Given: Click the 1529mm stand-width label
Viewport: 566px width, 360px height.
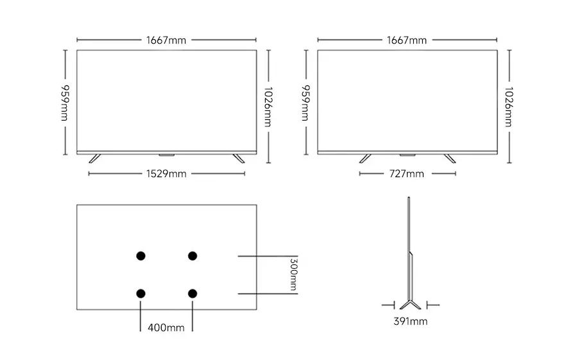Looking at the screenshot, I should click(x=166, y=173).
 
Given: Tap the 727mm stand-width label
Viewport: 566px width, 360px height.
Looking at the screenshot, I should click(x=407, y=173).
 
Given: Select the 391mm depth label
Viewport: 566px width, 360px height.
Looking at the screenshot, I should click(x=410, y=321).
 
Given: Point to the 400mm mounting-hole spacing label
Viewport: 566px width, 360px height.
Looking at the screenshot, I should click(x=166, y=327).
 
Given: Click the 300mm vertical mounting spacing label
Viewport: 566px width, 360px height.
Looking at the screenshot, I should click(x=293, y=275).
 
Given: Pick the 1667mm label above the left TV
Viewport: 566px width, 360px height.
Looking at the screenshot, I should click(x=166, y=40).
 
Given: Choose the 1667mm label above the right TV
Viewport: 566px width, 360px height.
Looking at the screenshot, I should click(x=407, y=40).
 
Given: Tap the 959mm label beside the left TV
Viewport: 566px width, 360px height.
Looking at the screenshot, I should click(x=65, y=103).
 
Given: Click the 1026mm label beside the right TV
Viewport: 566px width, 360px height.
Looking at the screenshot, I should click(x=508, y=106).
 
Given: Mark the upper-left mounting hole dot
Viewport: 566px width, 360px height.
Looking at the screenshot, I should click(x=141, y=256).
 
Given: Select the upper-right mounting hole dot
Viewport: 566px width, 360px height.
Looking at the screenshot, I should click(x=192, y=256).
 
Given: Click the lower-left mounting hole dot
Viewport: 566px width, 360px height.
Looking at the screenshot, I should click(x=141, y=293).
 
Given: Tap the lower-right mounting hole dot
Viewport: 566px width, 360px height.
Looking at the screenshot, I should click(x=192, y=293).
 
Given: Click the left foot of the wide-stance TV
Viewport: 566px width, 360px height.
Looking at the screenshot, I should click(x=94, y=158).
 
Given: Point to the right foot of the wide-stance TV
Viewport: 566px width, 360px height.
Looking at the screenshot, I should click(x=238, y=158).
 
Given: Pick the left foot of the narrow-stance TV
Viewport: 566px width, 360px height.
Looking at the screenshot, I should click(x=365, y=158).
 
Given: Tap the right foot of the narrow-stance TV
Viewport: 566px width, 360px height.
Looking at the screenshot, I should click(x=449, y=158).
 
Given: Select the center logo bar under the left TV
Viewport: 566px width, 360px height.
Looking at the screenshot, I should click(x=166, y=155).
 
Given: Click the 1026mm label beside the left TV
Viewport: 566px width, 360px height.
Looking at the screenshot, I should click(x=267, y=106).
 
